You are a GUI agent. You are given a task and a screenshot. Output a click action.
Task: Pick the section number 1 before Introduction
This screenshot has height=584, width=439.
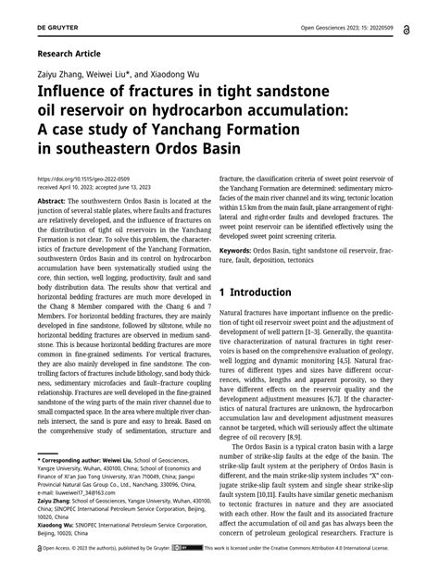point(224,267)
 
